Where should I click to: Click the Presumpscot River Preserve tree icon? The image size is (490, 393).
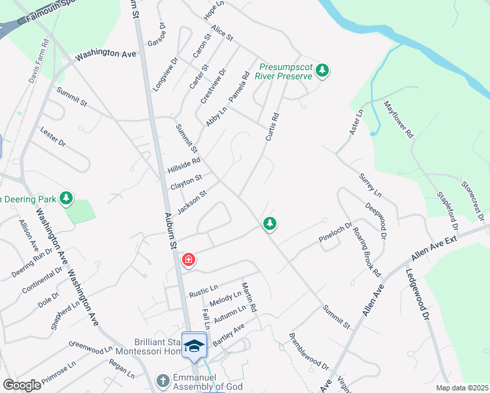[x=322, y=70]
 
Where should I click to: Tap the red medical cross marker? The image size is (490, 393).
[x=189, y=261]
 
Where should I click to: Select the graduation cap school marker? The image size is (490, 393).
[x=194, y=345]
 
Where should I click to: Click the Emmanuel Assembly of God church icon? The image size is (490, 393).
[x=163, y=380]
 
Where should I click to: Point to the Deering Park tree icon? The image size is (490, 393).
[x=66, y=198]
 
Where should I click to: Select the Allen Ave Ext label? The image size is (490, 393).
[x=437, y=246]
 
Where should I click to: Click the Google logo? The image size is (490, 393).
[x=22, y=384]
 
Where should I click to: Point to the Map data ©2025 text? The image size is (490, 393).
[x=462, y=388]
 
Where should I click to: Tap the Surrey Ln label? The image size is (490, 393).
[x=369, y=185]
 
